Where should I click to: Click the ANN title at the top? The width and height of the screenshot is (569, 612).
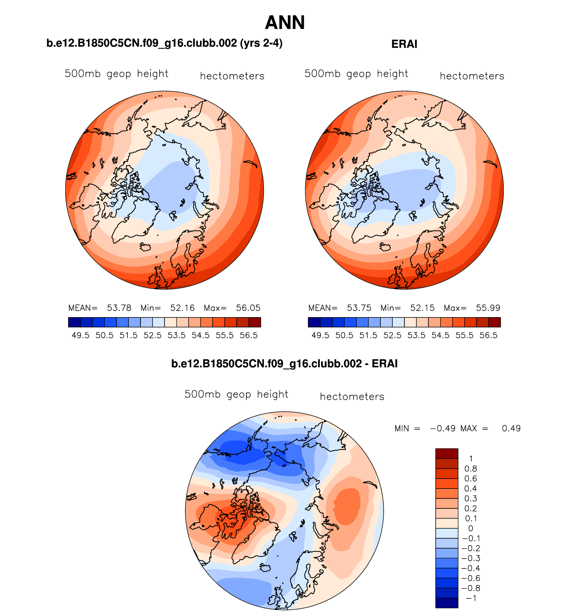coord(285,23)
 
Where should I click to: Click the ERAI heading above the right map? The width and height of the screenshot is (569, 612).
coord(404,44)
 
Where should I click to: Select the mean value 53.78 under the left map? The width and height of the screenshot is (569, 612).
coord(119,308)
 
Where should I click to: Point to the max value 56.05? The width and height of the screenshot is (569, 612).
coord(248,308)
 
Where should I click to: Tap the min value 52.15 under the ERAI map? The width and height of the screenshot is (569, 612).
coord(422,308)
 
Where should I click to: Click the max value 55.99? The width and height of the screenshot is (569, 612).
coord(488,308)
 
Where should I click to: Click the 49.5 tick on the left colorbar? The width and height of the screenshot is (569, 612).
coord(81,335)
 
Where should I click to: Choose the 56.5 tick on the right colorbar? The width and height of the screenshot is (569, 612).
coord(488,335)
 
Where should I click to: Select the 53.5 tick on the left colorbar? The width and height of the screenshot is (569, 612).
coord(177,335)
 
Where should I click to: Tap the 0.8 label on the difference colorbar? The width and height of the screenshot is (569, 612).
coord(471,469)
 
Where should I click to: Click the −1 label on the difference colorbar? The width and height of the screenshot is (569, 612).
coord(471,598)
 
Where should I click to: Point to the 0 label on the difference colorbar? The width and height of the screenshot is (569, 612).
coord(471,528)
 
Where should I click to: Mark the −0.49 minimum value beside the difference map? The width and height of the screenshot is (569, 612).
coord(443,428)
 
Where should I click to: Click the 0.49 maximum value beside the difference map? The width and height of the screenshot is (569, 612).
coord(511,428)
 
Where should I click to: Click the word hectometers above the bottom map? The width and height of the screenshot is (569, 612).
coord(352,397)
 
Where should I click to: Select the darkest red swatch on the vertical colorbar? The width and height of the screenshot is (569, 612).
coord(447,453)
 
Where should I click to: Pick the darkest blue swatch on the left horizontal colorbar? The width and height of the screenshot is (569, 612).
coord(74,322)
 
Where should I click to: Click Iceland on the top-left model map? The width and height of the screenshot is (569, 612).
coord(145,247)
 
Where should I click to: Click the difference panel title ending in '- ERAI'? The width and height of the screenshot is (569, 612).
coord(284,363)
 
